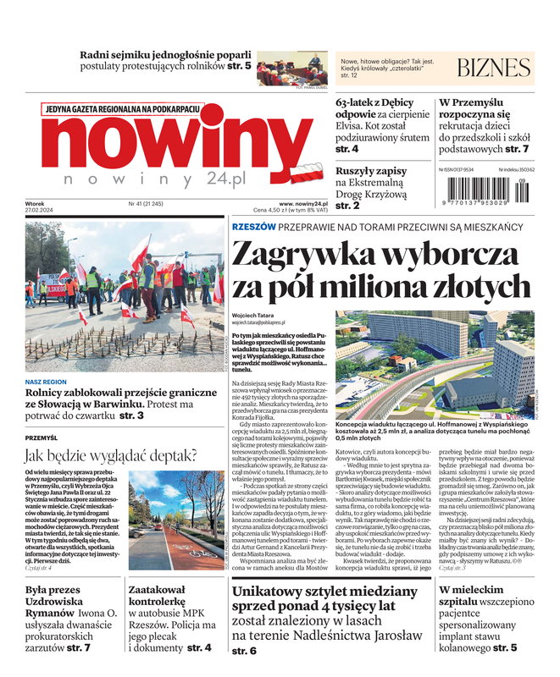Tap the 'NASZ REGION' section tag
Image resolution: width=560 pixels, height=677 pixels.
[x=47, y=382]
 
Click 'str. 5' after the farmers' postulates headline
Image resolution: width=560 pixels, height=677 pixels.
[x=239, y=65]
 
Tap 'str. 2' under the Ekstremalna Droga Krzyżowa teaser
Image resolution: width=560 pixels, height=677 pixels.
[x=347, y=206]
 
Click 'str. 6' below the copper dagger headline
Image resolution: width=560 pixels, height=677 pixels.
[x=244, y=652]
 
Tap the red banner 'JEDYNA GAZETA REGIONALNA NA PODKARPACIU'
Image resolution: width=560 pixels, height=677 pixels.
[x=123, y=108]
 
